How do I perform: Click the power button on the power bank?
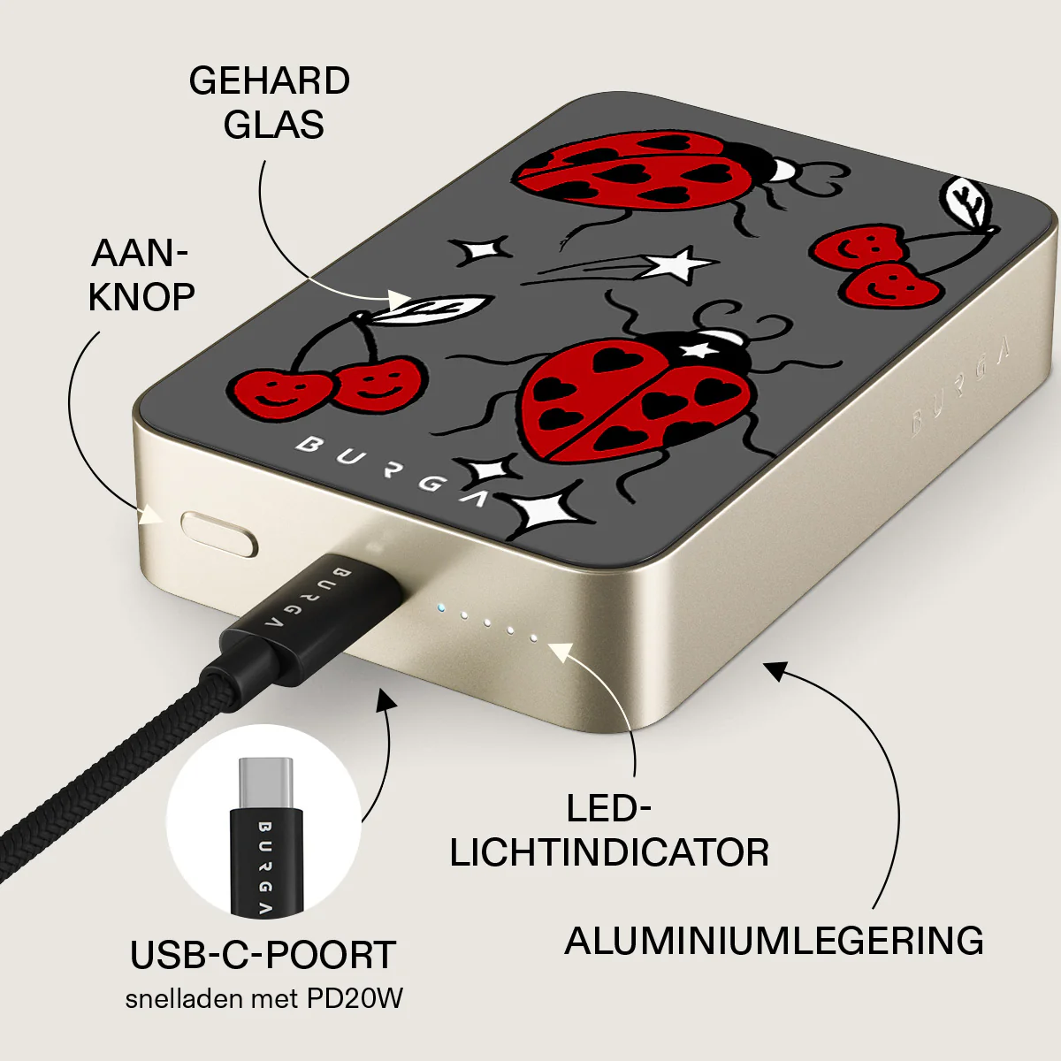[219, 533]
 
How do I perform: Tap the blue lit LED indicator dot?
[440, 608]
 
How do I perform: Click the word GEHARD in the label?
[270, 81]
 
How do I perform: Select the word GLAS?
[273, 125]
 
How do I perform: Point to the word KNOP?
[141, 297]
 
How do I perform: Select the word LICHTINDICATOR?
[609, 853]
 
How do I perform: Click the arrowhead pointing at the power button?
[152, 515]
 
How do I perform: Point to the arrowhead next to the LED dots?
[561, 652]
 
